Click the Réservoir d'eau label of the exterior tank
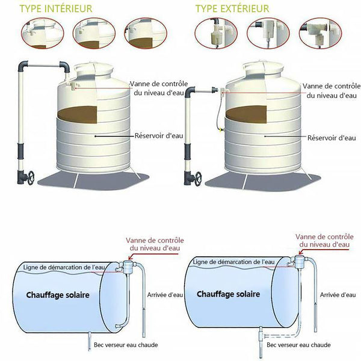pyautogui.click(x=330, y=138)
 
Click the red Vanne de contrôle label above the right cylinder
pyautogui.click(x=322, y=240)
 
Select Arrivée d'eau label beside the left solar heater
pyautogui.click(x=165, y=295)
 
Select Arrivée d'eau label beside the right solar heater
pyautogui.click(x=338, y=295)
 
